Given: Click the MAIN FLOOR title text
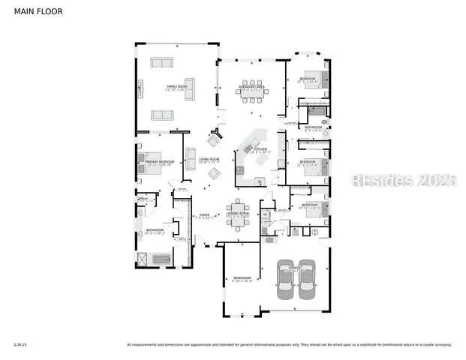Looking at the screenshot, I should (38, 12).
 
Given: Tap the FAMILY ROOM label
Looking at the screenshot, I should (176, 88).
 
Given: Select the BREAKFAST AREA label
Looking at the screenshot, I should (251, 88).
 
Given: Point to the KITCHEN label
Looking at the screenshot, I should (260, 150).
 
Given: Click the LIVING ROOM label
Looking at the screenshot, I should (209, 159).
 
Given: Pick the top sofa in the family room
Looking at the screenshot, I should (162, 62).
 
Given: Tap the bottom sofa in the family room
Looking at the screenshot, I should (162, 115).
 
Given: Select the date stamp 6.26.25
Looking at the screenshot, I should (20, 345).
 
